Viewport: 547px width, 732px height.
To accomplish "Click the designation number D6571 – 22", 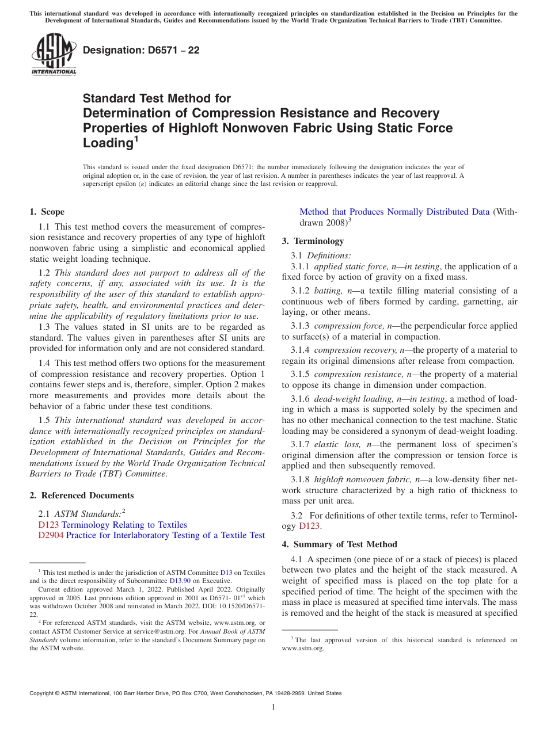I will [141, 50].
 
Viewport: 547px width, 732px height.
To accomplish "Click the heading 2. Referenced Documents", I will [81, 495].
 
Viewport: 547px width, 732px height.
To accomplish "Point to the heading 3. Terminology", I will [313, 241].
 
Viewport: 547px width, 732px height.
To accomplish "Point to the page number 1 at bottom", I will [273, 707].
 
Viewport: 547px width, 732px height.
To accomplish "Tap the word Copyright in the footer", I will [44, 693].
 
